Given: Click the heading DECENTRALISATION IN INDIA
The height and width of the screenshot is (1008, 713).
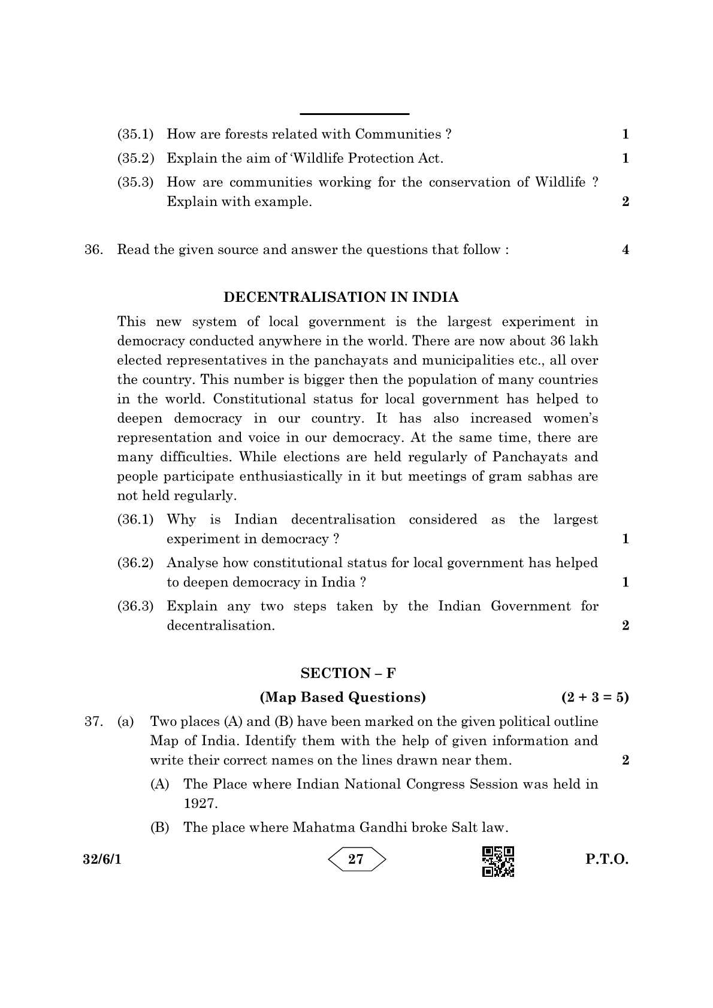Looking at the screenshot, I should (341, 297).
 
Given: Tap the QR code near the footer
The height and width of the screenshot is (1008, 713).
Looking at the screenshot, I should (498, 861).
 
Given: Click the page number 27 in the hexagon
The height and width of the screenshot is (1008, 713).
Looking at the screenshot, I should (356, 859).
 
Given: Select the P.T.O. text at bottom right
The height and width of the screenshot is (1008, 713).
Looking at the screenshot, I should (606, 859).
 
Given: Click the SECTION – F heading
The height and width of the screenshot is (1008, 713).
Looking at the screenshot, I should (348, 673).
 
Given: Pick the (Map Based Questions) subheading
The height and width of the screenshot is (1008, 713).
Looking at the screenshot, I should (342, 697).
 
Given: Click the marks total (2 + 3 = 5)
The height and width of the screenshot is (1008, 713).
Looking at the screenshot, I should (594, 697).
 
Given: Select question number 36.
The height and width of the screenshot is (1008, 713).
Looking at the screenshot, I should (93, 250).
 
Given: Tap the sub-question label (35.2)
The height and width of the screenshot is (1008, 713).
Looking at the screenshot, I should (135, 159).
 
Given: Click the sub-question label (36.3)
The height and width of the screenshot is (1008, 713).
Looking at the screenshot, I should (135, 606).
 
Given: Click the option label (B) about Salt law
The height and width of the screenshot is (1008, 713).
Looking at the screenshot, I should (159, 828).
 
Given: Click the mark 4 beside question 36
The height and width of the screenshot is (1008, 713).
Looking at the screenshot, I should (626, 250).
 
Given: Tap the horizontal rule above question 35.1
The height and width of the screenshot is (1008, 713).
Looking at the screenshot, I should (354, 114).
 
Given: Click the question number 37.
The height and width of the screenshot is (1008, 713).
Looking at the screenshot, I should (93, 722).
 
